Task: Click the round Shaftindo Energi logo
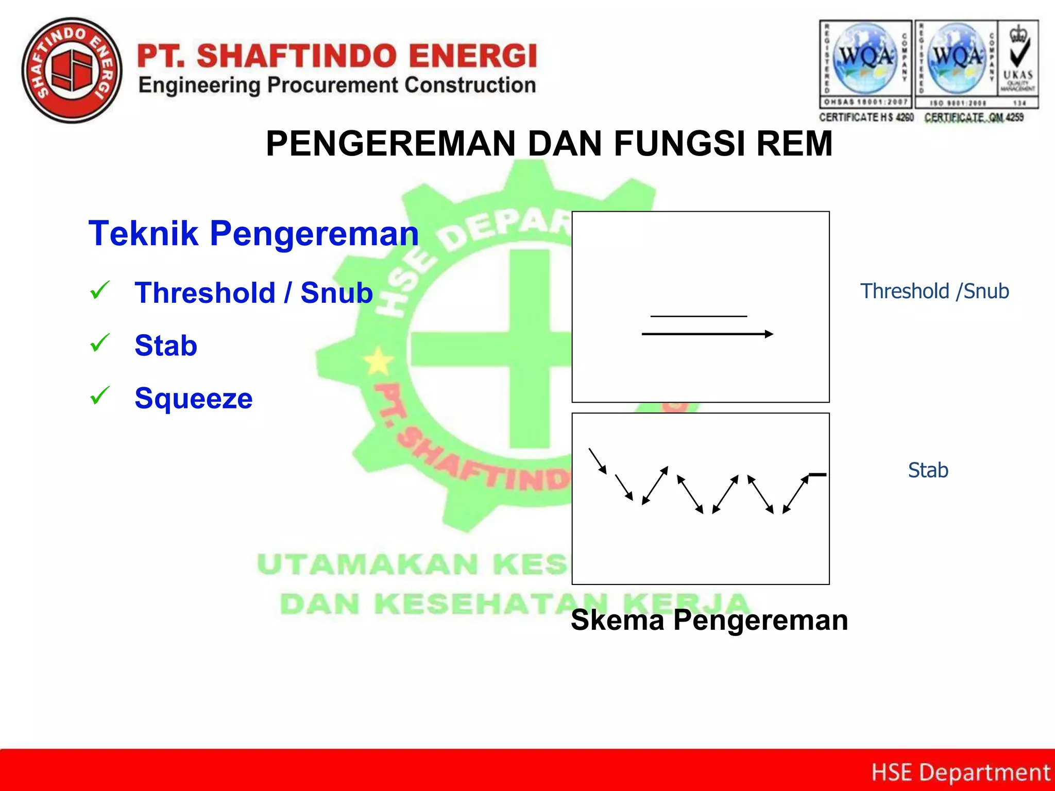[72, 71]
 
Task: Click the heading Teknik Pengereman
[253, 233]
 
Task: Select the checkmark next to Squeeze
[100, 395]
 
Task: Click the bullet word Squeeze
[193, 398]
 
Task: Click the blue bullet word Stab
[166, 345]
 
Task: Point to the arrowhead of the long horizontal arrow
[769, 334]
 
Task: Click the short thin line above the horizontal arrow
[698, 316]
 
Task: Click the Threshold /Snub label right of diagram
[934, 291]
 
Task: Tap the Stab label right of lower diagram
[928, 470]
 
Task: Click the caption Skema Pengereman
[709, 620]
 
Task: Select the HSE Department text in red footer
[960, 772]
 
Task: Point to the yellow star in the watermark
[379, 361]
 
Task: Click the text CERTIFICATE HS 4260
[866, 117]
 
